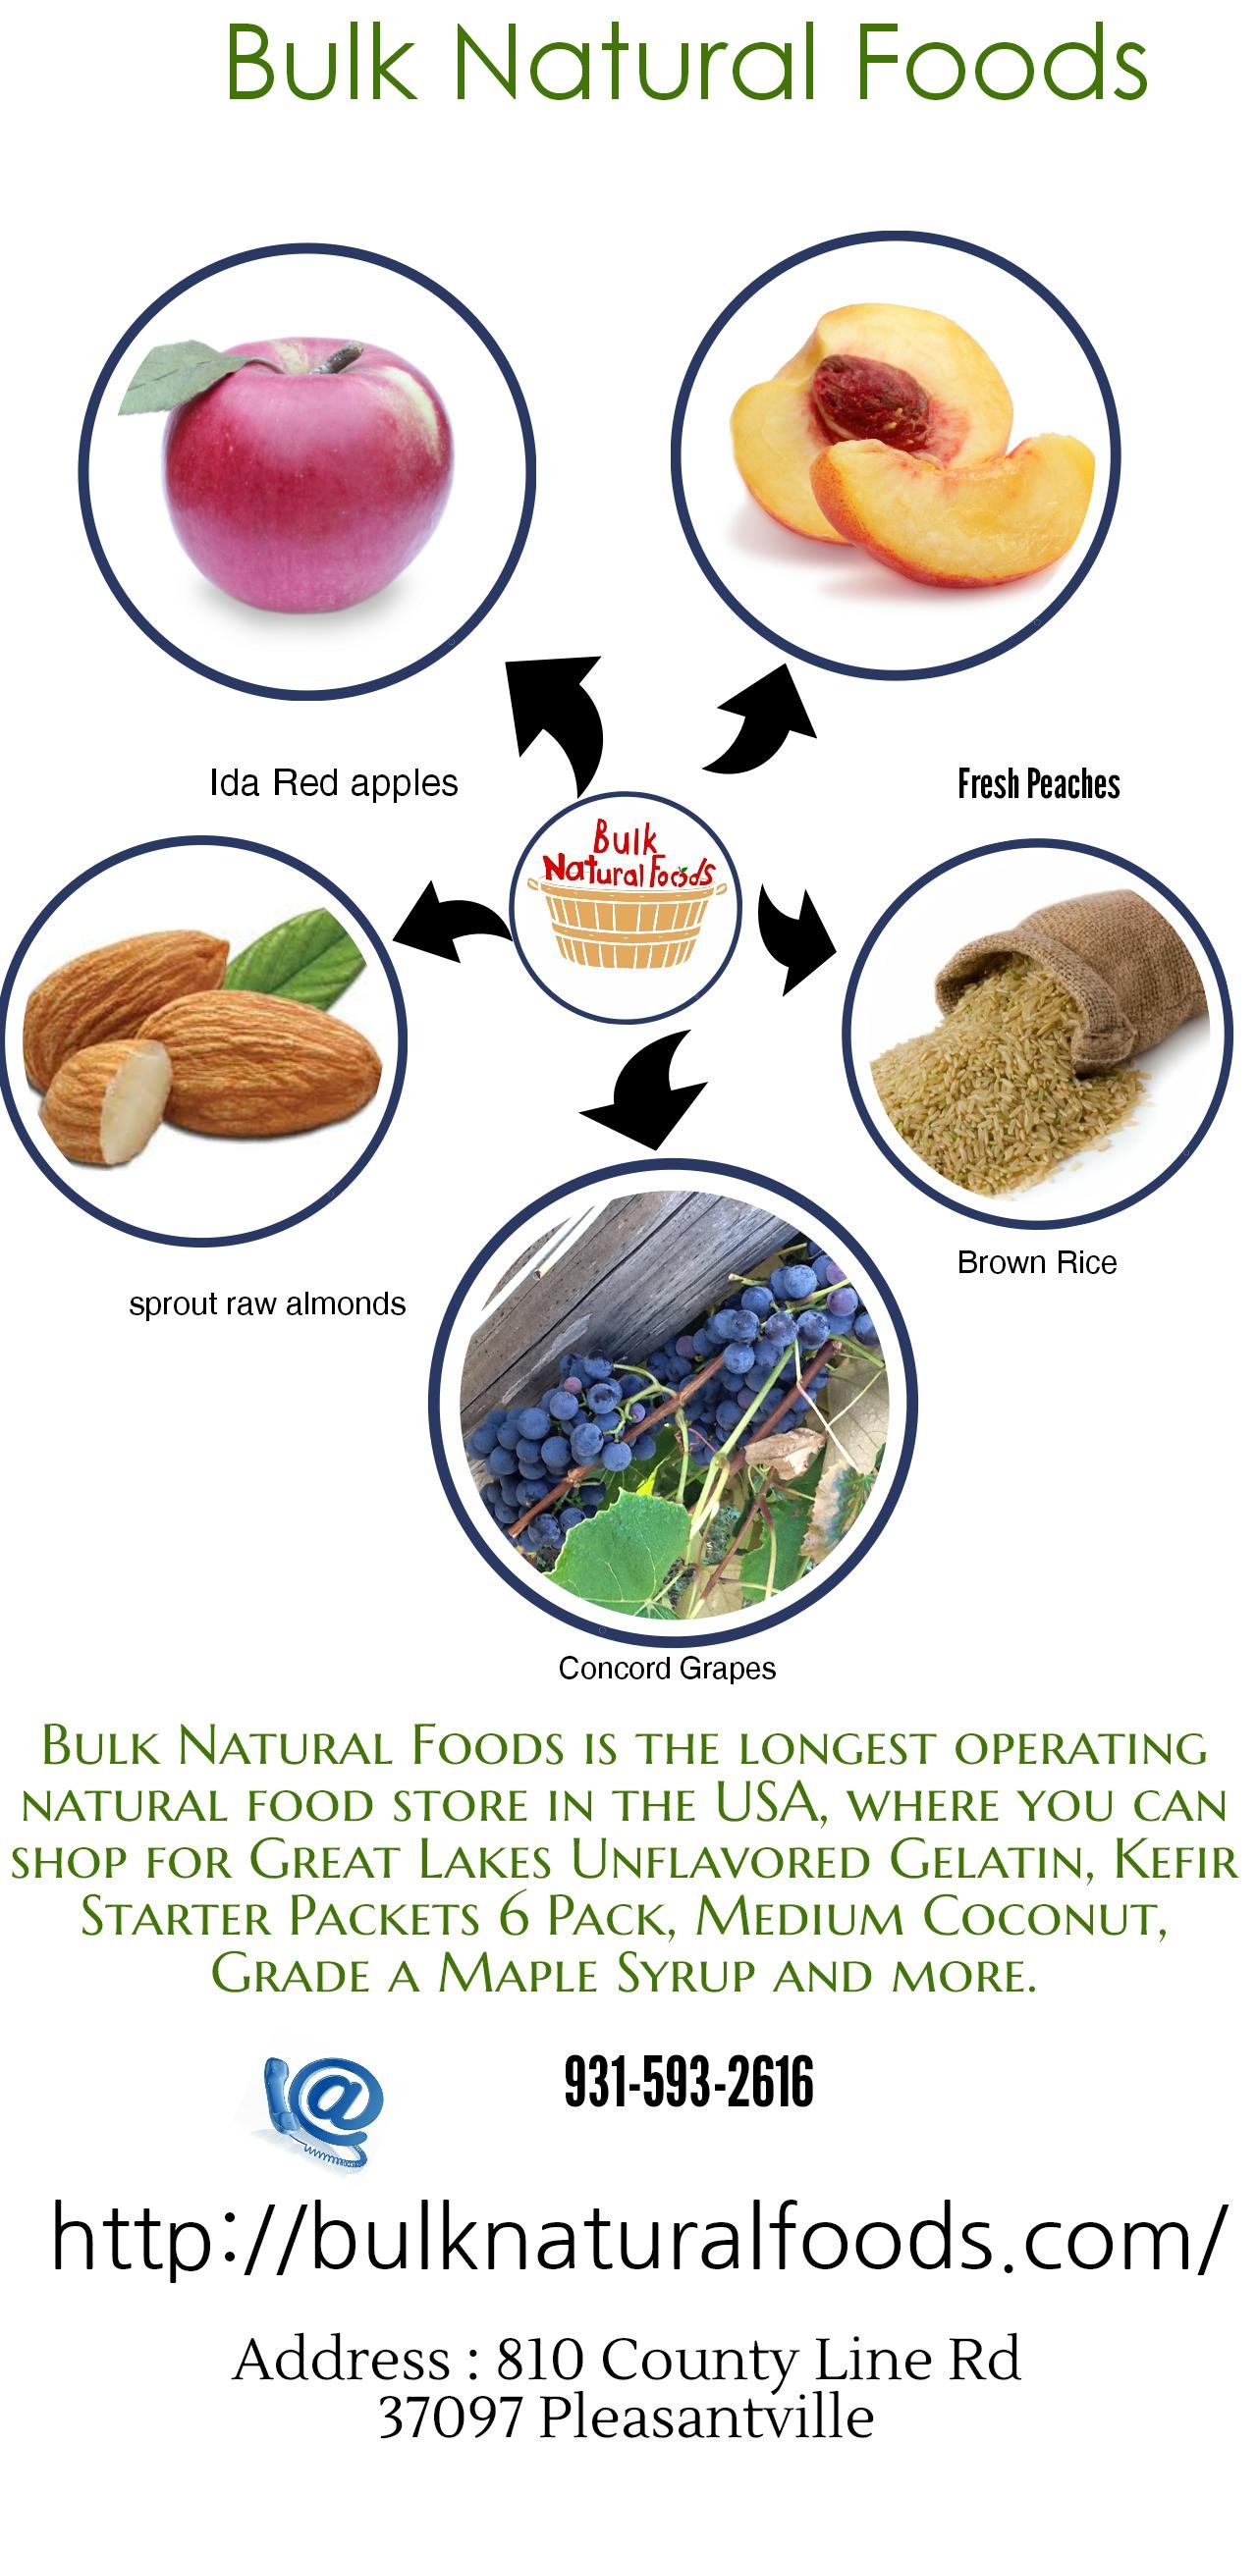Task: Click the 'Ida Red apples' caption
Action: tap(334, 784)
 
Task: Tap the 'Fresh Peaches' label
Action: tap(1038, 784)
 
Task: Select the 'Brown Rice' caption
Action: tap(1037, 1262)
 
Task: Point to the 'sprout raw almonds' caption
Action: tap(267, 1304)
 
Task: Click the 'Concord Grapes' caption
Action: tap(667, 1669)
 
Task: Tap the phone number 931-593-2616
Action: tap(688, 2082)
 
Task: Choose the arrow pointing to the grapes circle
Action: tap(644, 1089)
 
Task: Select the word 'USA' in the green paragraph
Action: tap(767, 1799)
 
